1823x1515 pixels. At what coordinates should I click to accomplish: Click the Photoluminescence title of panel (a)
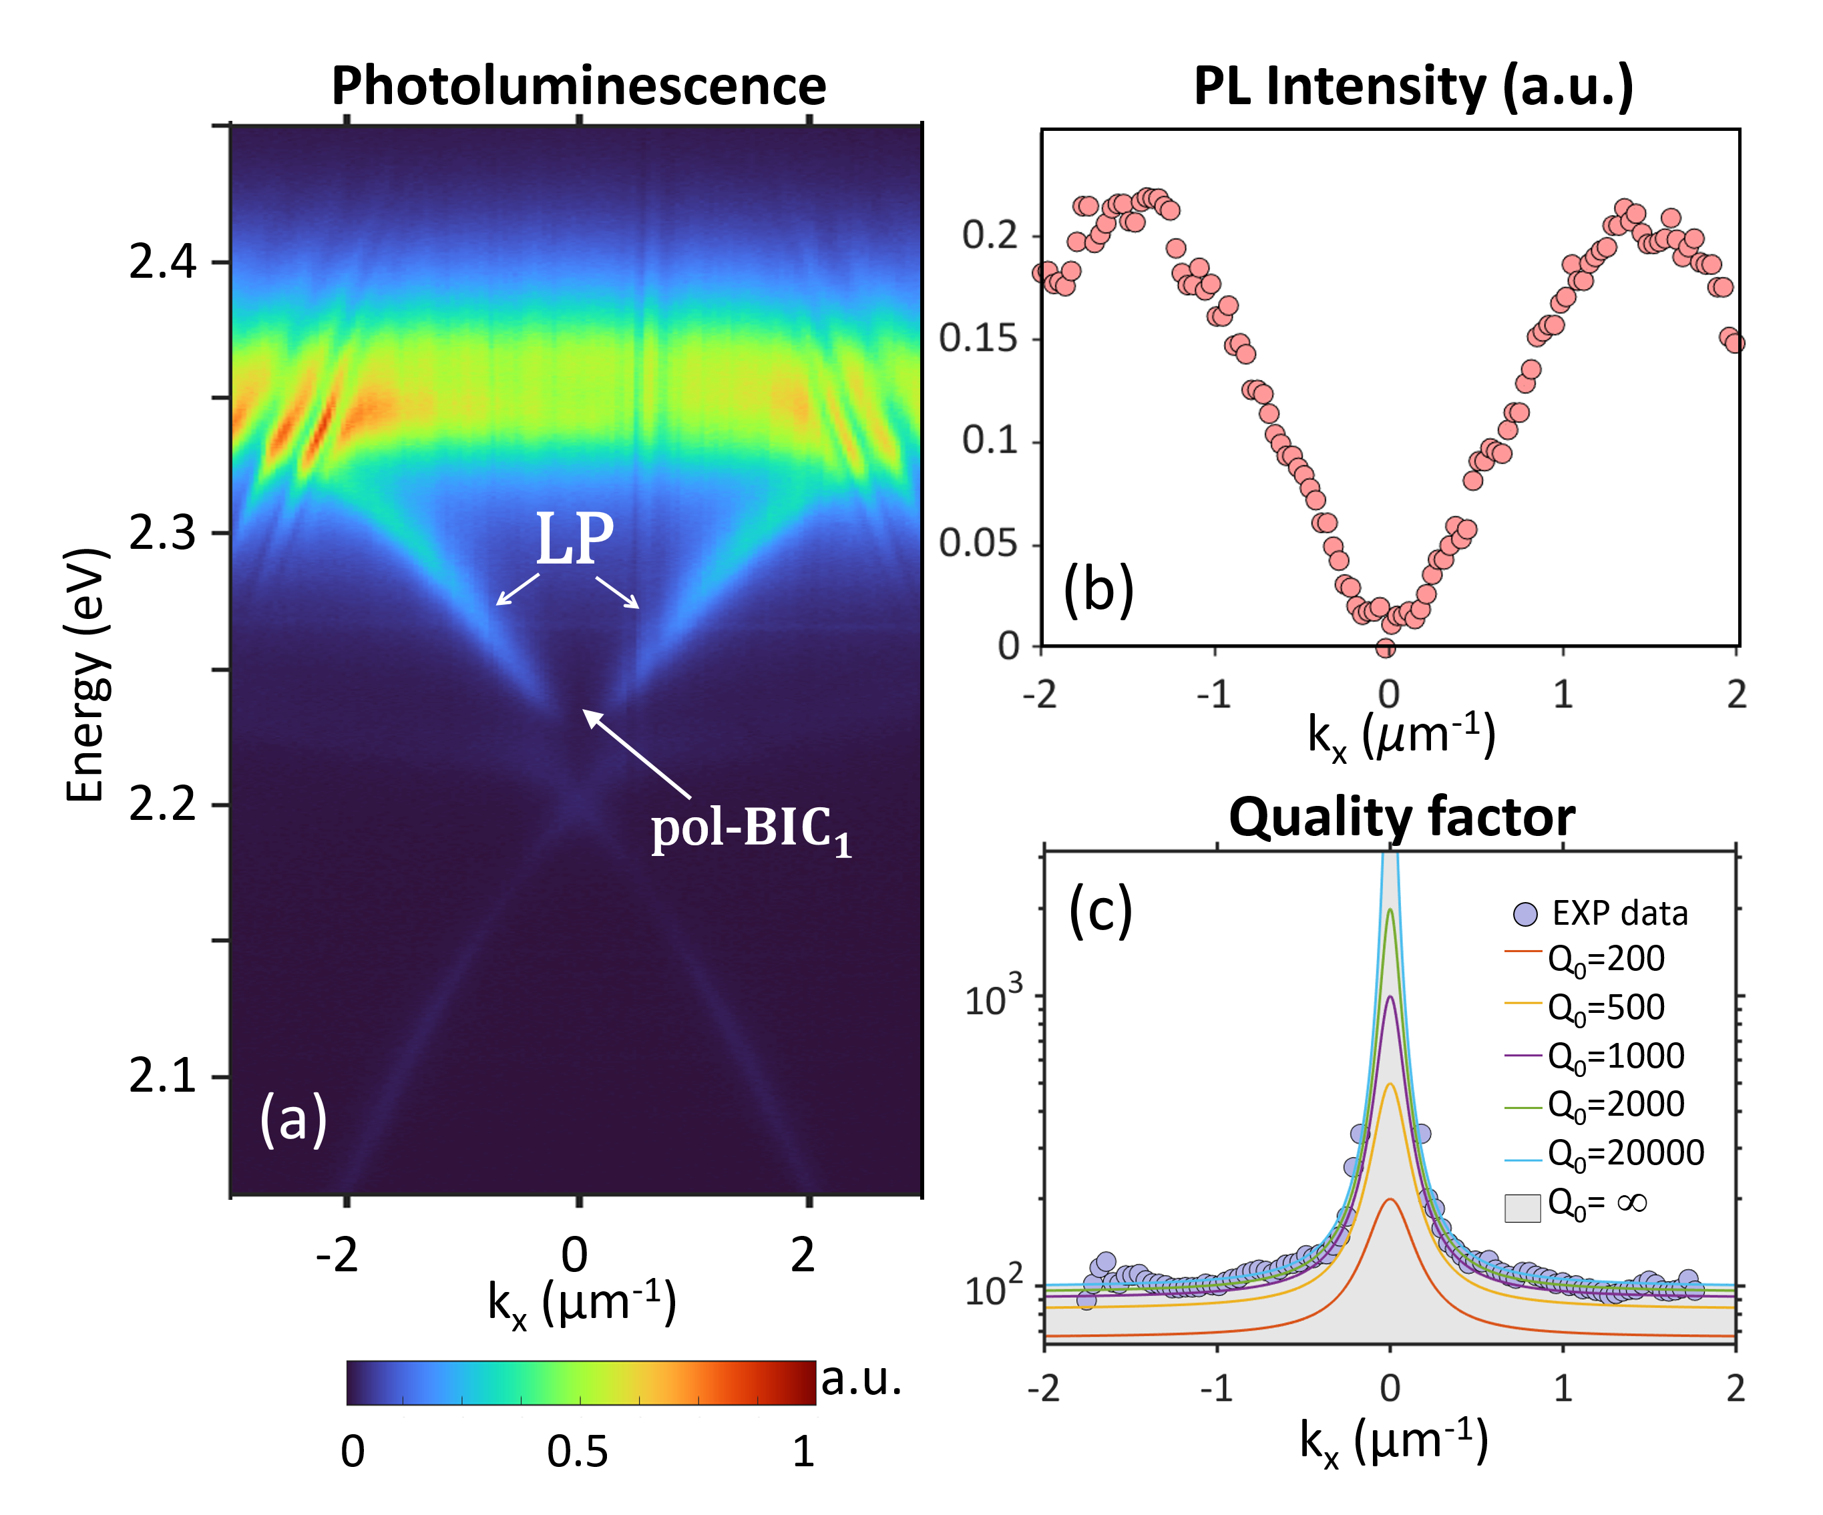pyautogui.click(x=578, y=86)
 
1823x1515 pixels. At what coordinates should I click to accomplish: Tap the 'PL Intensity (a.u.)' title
pyautogui.click(x=1413, y=86)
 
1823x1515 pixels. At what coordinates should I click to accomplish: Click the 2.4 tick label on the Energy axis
pyautogui.click(x=163, y=260)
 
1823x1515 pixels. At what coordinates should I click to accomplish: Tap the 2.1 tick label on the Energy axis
pyautogui.click(x=163, y=1076)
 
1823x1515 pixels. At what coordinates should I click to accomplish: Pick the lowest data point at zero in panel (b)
pyautogui.click(x=1386, y=648)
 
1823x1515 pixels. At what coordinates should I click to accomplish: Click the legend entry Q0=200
pyautogui.click(x=1606, y=959)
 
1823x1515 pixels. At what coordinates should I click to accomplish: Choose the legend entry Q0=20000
pyautogui.click(x=1625, y=1153)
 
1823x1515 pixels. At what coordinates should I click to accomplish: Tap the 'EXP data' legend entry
pyautogui.click(x=1619, y=913)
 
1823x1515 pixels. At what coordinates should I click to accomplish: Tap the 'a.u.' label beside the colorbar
pyautogui.click(x=861, y=1379)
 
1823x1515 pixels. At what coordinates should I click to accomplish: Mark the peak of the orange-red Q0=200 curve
pyautogui.click(x=1390, y=1199)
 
